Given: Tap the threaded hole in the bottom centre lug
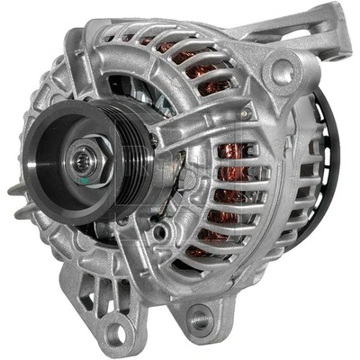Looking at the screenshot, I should coord(199,318).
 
